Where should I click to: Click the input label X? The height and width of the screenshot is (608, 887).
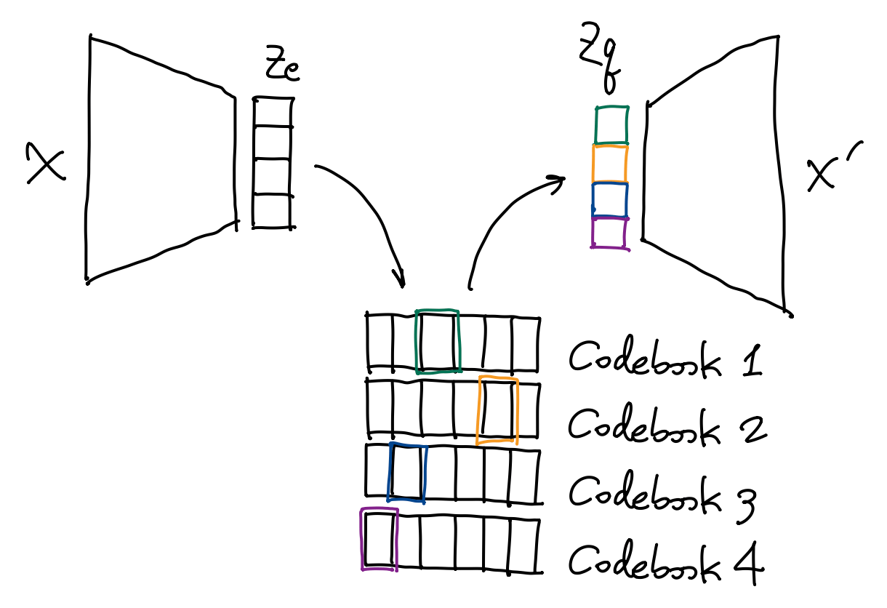point(45,164)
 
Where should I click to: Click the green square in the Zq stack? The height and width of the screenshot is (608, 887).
point(611,125)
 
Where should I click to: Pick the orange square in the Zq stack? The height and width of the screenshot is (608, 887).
point(610,164)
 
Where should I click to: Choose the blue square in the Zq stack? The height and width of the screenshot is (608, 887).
point(610,199)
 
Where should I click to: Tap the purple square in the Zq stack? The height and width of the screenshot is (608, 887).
point(609,233)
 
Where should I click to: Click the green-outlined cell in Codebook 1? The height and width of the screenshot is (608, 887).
point(438,341)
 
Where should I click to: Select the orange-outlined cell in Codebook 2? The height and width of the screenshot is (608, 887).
point(497,410)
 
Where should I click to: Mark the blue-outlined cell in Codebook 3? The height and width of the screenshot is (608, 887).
point(407,473)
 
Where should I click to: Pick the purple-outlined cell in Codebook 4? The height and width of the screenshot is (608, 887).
point(380,539)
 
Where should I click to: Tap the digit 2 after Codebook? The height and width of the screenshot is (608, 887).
point(752,426)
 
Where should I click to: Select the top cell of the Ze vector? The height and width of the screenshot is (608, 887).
point(273,112)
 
